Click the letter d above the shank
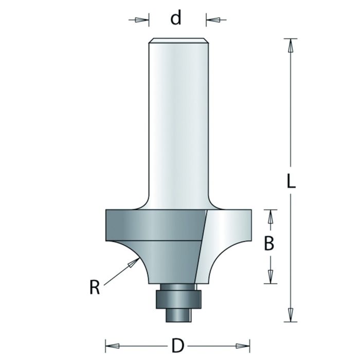tap(176, 19)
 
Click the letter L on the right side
tap(291, 182)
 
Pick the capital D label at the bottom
tap(177, 346)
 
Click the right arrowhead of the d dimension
tap(214, 20)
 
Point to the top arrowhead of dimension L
tap(291, 45)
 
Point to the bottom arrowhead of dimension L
tap(291, 314)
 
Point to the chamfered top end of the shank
tap(178, 40)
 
